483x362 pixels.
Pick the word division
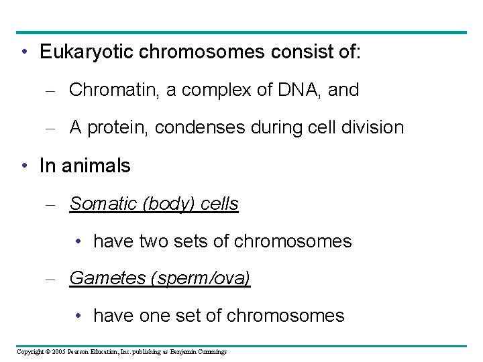(373, 127)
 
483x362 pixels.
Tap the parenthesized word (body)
(170, 204)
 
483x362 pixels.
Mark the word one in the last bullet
(155, 316)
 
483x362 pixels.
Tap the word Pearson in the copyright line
(80, 352)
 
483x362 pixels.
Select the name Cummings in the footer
(213, 352)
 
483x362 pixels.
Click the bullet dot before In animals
(23, 166)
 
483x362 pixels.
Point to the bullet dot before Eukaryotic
(23, 52)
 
